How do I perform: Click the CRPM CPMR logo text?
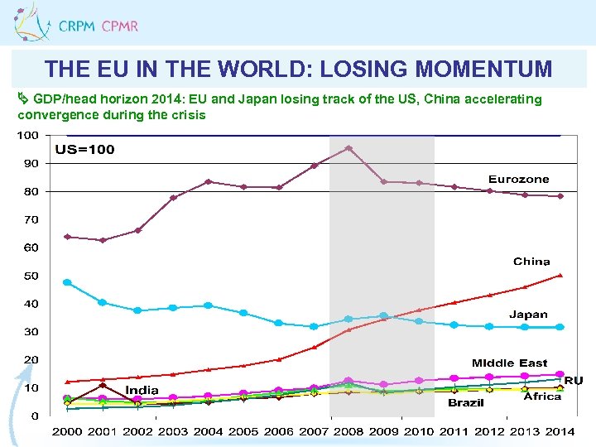coord(98,26)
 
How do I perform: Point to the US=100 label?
coord(84,150)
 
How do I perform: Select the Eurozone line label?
coord(518,179)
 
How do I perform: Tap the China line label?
coord(531,261)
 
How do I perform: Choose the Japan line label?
coord(527,314)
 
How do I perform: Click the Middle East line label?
coord(509,363)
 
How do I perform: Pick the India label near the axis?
coord(142,390)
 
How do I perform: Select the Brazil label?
coord(466,402)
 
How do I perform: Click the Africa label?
coord(542,397)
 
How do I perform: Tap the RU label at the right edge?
coord(574,381)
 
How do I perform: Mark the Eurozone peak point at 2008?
coord(348,148)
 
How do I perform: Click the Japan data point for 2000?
coord(67,282)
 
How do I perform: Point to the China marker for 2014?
coord(560,275)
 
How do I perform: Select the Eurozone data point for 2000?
coord(67,237)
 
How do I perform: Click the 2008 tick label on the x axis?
coord(348,431)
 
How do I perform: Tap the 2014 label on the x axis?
coord(560,431)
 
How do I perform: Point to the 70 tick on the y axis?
coord(30,219)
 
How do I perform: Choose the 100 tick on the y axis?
coord(27,135)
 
